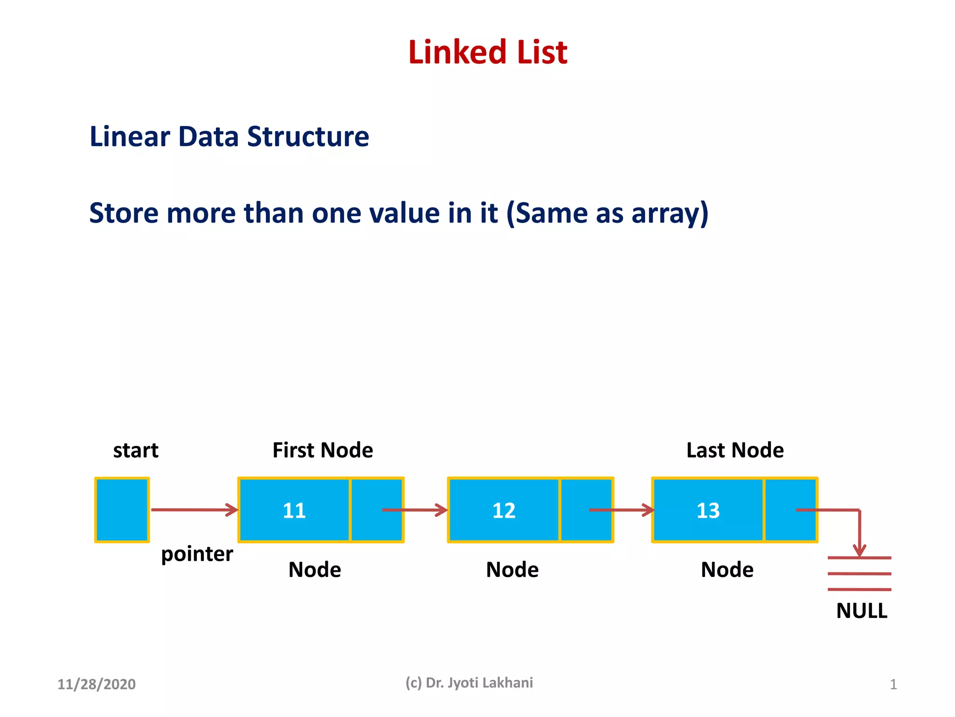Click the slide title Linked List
pyautogui.click(x=487, y=52)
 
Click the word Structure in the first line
pyautogui.click(x=308, y=137)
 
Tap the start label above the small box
pyautogui.click(x=136, y=450)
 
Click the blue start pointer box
pyautogui.click(x=122, y=510)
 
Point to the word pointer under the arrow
pyautogui.click(x=197, y=555)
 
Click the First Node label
pyautogui.click(x=323, y=450)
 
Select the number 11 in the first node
pyautogui.click(x=294, y=510)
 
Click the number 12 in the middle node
pyautogui.click(x=504, y=510)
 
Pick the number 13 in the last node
pyautogui.click(x=708, y=510)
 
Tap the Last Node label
pyautogui.click(x=735, y=450)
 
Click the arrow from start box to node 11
pyautogui.click(x=194, y=510)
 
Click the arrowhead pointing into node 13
pyautogui.click(x=648, y=510)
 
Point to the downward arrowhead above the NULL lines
pyautogui.click(x=859, y=550)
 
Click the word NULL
pyautogui.click(x=862, y=611)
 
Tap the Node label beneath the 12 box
pyautogui.click(x=512, y=570)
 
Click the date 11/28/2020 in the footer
pyautogui.click(x=97, y=684)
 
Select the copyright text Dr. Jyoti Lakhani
pyautogui.click(x=479, y=683)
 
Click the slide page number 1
pyautogui.click(x=893, y=685)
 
